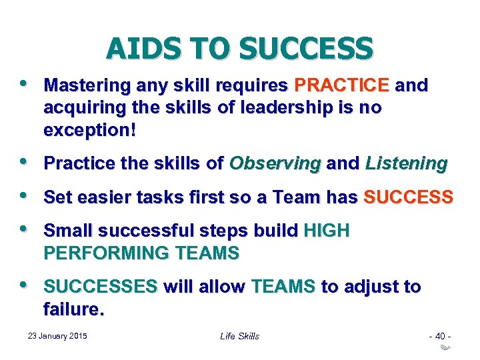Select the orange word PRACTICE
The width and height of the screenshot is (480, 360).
click(341, 85)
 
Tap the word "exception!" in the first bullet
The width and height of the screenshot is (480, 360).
click(89, 131)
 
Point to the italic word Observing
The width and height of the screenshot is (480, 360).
click(275, 163)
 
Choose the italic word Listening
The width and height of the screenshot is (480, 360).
click(406, 163)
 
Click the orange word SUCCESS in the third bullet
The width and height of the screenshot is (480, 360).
click(407, 197)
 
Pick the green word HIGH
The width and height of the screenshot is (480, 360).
click(326, 231)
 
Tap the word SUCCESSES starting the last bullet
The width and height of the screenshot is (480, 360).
click(100, 287)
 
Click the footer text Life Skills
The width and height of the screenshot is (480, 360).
click(239, 336)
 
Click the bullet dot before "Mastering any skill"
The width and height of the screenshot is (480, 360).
click(25, 84)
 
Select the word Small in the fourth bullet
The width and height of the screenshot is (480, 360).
click(65, 231)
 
